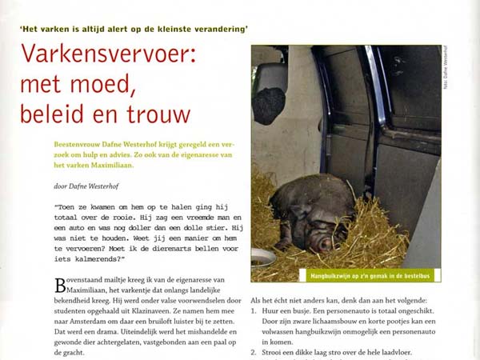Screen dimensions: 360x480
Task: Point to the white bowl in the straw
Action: [x=264, y=258]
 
